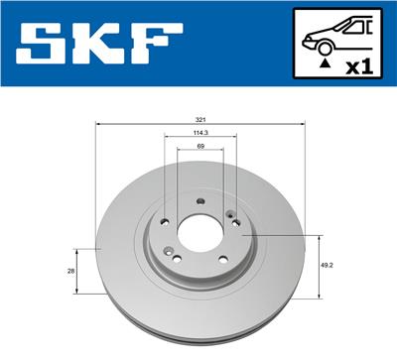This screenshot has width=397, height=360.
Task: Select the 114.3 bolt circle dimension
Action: [x=199, y=133]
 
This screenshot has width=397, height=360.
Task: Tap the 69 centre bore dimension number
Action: [x=199, y=147]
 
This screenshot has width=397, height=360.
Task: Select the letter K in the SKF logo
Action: [x=103, y=43]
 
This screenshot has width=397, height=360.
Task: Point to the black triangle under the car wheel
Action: [x=325, y=62]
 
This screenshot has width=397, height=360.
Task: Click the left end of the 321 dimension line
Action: [x=95, y=124]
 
